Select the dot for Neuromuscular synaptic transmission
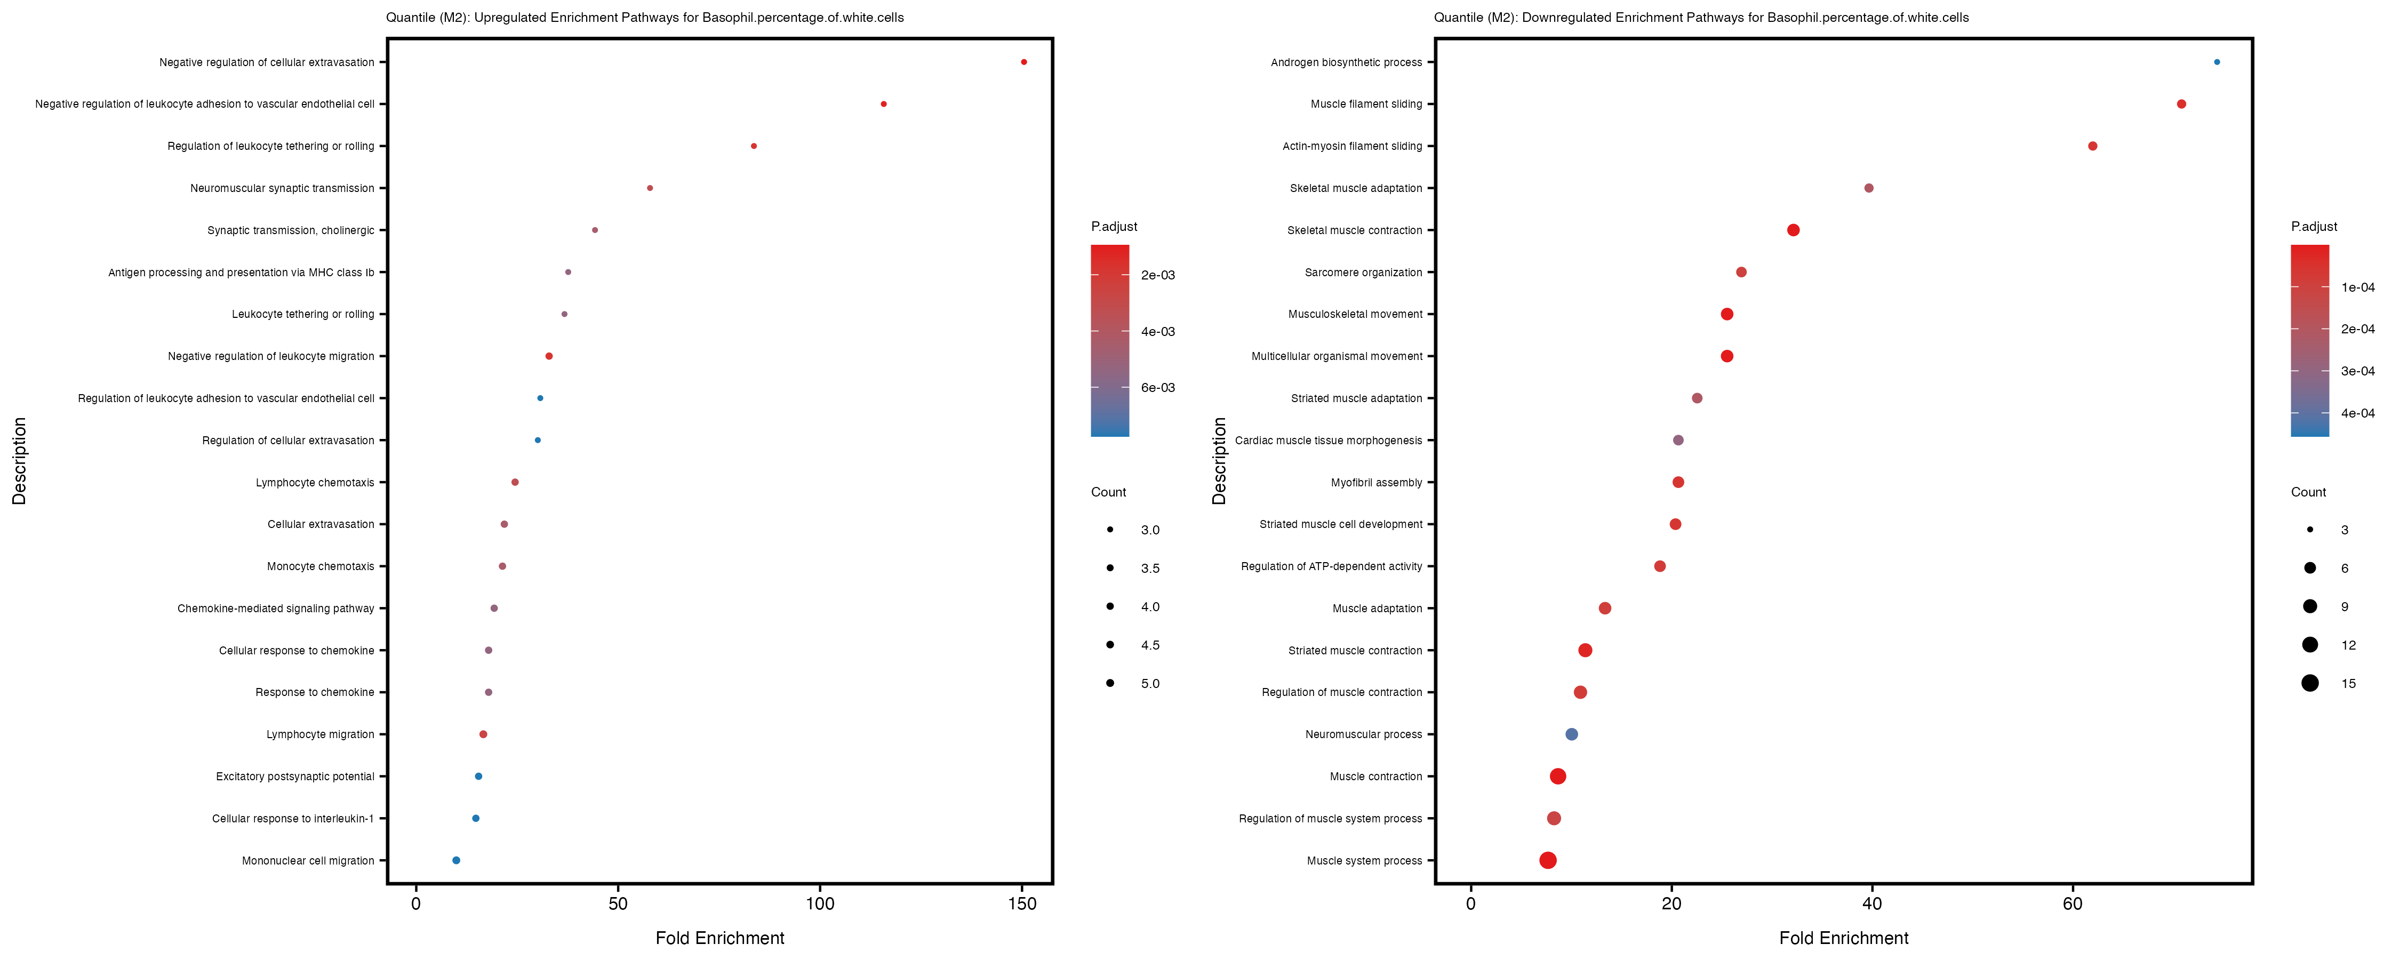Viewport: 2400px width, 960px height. (650, 188)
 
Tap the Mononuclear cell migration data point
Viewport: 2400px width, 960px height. (455, 860)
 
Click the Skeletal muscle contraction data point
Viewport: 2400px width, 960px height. (1793, 230)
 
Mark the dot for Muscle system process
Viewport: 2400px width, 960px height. (1548, 860)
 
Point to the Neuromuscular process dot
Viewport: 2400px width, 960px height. (1572, 734)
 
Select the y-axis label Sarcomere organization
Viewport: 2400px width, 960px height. (1363, 272)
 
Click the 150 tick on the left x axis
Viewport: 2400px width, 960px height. (1022, 903)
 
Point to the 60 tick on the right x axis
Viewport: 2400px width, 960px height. (2072, 903)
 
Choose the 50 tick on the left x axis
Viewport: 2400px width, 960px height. (618, 903)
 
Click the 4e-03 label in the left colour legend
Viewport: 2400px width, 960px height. (1157, 332)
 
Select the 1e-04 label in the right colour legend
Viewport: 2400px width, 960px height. (2357, 287)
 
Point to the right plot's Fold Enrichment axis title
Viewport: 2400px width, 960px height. (1843, 938)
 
